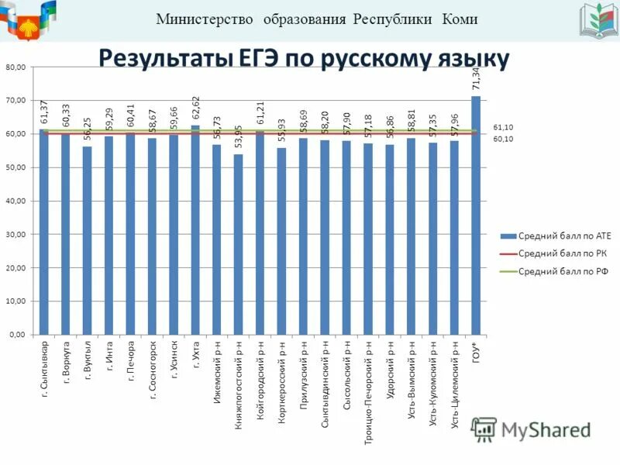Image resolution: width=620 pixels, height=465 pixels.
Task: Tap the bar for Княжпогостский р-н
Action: (239, 244)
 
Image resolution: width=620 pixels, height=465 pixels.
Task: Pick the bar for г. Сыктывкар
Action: (44, 232)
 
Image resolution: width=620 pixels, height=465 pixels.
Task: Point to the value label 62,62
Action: (195, 109)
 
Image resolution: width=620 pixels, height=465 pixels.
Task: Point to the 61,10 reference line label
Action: (503, 126)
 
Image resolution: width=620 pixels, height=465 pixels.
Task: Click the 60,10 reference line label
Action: (503, 139)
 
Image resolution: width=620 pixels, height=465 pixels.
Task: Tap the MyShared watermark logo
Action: (531, 429)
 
